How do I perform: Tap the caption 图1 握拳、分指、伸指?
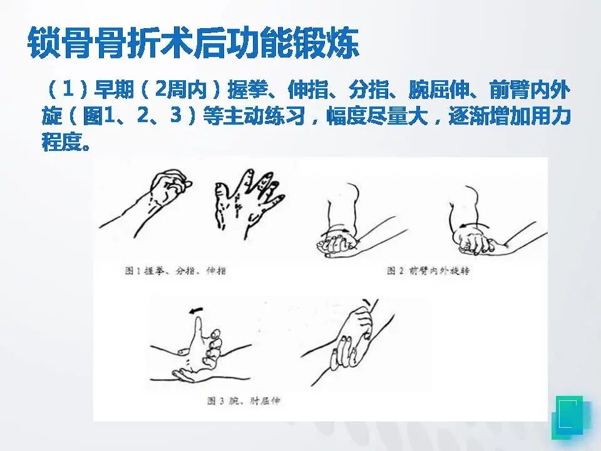tap(175, 271)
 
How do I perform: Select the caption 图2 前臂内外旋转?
tap(428, 271)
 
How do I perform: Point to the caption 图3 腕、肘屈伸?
tap(244, 401)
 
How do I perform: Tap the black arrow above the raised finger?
tap(196, 309)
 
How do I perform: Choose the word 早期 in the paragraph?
tap(114, 90)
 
